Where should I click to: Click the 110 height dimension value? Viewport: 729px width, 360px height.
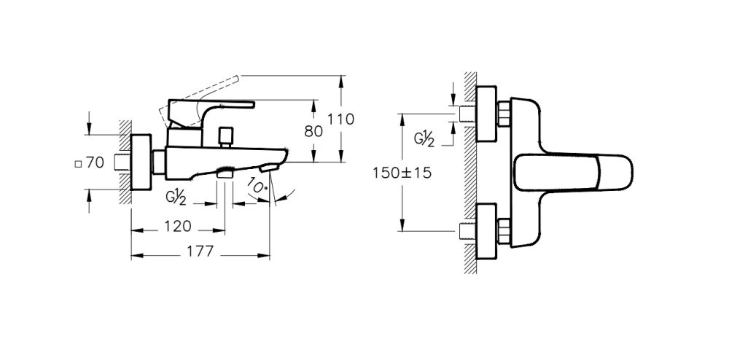coord(340,119)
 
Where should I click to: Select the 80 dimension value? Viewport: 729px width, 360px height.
coord(313,131)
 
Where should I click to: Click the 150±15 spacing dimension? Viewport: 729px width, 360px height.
coord(401,173)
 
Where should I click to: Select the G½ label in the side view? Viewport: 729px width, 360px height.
coord(176,196)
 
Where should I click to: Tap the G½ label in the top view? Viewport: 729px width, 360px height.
coord(424,138)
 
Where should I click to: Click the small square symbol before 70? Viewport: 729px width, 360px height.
coord(78,163)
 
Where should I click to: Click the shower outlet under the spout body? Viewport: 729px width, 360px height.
coord(225,173)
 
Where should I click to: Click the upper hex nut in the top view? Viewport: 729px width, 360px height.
coord(503,114)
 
